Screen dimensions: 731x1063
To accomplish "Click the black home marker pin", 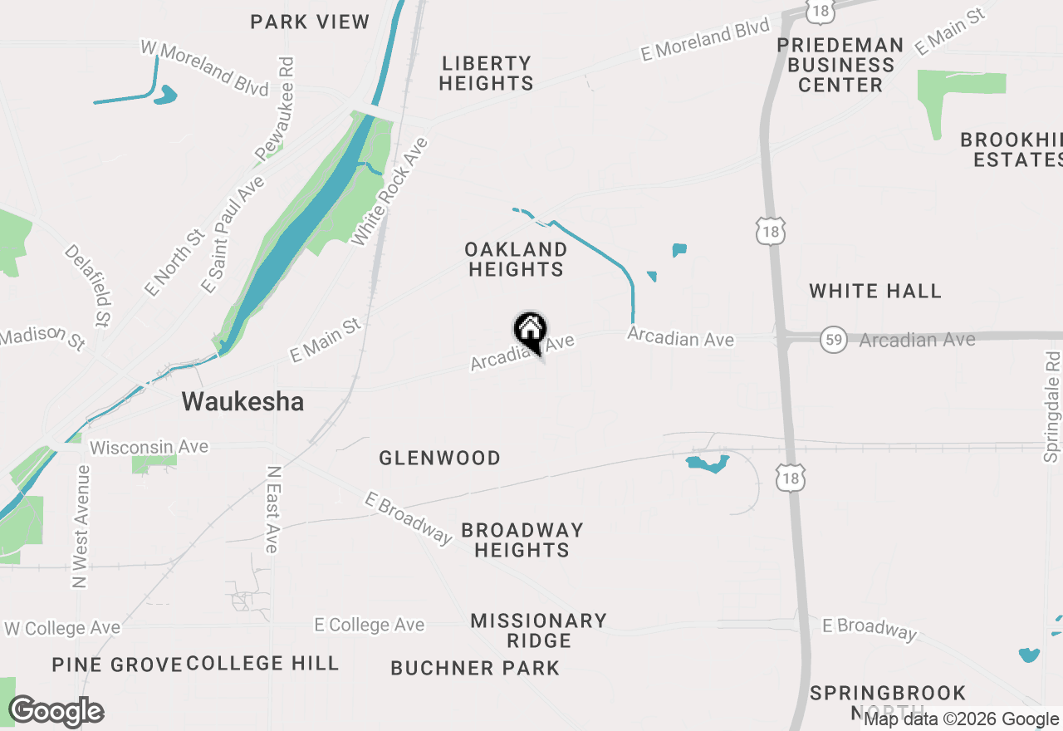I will coord(530,331).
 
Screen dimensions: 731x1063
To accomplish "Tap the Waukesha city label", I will coord(242,402).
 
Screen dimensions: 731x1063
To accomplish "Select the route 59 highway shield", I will coord(833,340).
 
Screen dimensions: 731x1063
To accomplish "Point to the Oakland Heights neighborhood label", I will coord(516,259).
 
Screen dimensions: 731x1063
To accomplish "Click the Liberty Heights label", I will coord(487,73).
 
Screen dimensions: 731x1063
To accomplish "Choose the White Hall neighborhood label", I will coord(875,291).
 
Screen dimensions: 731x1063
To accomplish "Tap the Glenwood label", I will coord(439,458).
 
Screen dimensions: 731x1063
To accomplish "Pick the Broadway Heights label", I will coord(522,540).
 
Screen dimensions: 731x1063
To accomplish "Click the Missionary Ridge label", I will coord(538,630).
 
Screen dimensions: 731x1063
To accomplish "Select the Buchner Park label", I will coord(475,668).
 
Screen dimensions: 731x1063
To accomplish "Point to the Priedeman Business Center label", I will coord(840,65).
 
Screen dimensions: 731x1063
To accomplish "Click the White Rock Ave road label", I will coord(389,192).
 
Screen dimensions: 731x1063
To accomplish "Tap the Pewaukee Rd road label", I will coord(275,109).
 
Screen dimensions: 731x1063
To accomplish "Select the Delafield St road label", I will coord(88,285).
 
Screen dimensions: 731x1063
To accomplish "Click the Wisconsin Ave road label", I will coord(149,447).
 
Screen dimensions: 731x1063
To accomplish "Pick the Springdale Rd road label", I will coord(1053,406).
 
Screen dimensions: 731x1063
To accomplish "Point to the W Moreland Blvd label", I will coord(204,69).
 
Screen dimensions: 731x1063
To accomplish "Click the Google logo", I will coord(56,711).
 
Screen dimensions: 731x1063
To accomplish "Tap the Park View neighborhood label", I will coord(310,22).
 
